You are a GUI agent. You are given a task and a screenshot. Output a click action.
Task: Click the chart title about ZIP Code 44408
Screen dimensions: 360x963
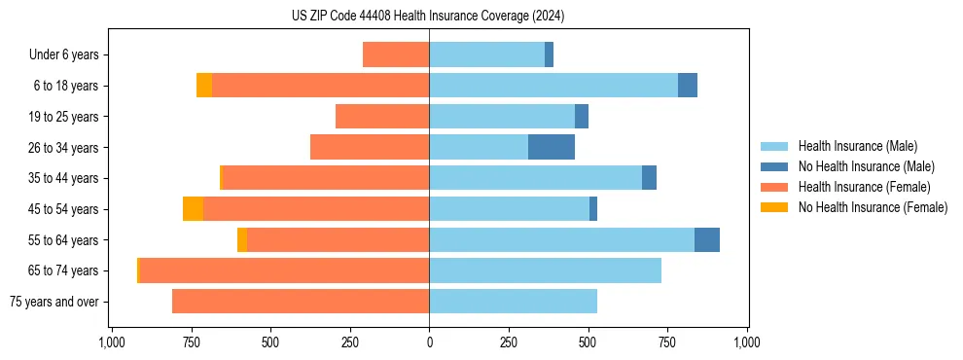tap(428, 17)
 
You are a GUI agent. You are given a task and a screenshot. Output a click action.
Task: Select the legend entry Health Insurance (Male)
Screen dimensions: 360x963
tap(857, 146)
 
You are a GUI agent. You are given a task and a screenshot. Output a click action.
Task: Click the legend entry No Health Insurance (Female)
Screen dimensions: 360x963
tap(873, 207)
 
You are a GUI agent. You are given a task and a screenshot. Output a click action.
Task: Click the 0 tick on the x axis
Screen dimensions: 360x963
tap(429, 342)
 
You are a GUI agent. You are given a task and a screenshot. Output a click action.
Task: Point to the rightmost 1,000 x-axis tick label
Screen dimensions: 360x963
tap(747, 342)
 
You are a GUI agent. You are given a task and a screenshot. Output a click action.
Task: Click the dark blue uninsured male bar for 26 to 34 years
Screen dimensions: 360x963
tap(552, 147)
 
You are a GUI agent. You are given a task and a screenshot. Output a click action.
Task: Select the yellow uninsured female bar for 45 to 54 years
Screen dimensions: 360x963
tap(193, 209)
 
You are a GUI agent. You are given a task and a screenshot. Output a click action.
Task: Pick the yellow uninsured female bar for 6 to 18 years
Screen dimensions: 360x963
tap(204, 86)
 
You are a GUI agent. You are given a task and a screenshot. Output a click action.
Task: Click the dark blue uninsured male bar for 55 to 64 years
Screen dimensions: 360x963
tap(707, 239)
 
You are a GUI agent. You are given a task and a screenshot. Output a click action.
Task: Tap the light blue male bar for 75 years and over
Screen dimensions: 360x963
tap(513, 302)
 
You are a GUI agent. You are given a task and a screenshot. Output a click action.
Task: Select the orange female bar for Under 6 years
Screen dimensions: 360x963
tap(396, 55)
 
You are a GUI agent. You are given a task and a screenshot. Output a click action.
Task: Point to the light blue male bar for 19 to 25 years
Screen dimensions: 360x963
tap(502, 117)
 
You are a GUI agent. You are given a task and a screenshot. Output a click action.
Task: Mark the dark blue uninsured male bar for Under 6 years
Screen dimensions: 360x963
tap(549, 55)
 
